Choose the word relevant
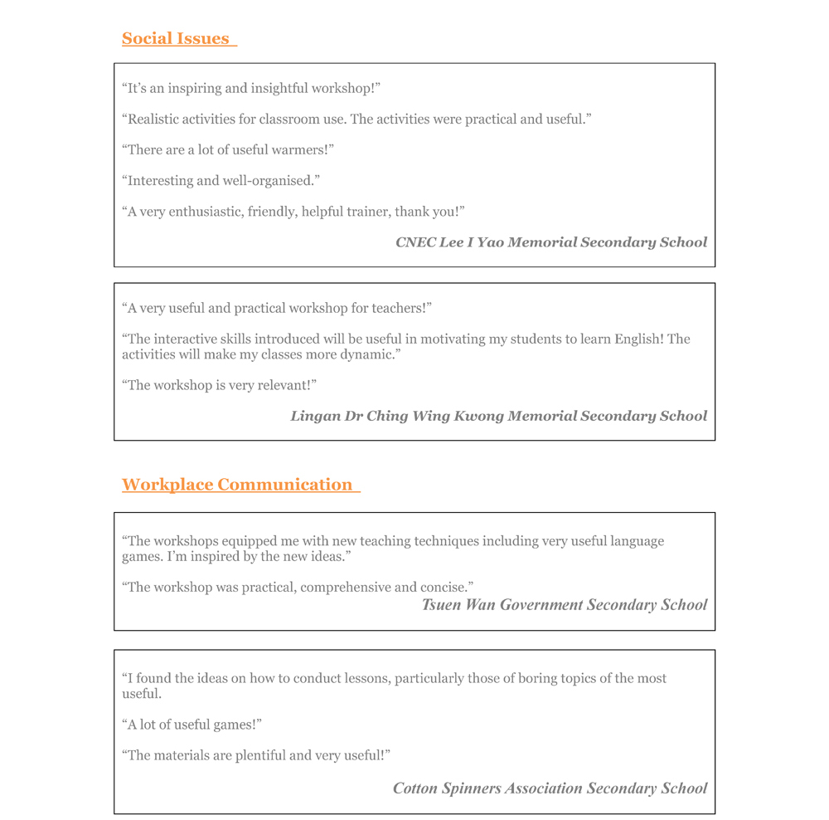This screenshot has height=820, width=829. [x=280, y=385]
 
